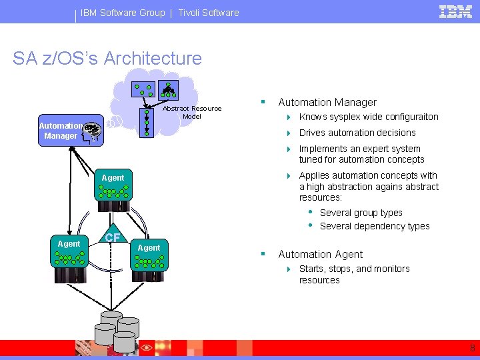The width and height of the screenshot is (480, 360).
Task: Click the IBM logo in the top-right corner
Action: [455, 12]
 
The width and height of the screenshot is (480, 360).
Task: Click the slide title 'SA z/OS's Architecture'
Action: [107, 58]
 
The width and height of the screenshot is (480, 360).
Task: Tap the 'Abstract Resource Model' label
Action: [192, 112]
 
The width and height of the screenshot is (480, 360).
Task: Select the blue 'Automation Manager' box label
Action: [61, 131]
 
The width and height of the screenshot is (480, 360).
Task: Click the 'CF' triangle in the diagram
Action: [113, 237]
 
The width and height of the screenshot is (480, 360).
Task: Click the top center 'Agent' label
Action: [113, 178]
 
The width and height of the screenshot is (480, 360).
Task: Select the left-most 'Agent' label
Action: [69, 244]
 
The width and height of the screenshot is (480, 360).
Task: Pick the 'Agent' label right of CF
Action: [149, 248]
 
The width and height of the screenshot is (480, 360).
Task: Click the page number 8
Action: [472, 348]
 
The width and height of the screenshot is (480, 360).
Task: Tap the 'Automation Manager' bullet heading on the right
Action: [327, 102]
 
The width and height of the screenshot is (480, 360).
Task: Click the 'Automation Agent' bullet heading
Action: [320, 254]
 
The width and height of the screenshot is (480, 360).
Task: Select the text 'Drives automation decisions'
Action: [357, 133]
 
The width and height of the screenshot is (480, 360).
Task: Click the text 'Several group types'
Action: [361, 213]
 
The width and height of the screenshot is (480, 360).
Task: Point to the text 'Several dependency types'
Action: [375, 226]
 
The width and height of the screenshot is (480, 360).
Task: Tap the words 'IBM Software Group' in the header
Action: [123, 13]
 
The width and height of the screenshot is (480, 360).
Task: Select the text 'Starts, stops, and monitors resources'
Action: [354, 274]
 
